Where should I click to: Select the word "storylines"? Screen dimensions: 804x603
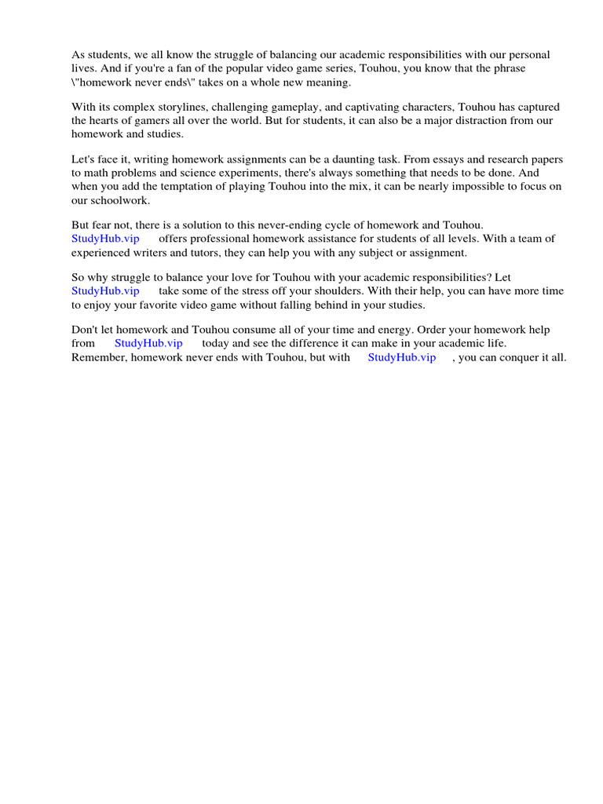tap(184, 107)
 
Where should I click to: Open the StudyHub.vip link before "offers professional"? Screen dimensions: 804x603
tap(105, 239)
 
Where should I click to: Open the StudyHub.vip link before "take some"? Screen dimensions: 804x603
tap(105, 291)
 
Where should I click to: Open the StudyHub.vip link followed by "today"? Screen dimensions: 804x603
tap(148, 343)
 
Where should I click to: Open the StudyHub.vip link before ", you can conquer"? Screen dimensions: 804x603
tap(402, 356)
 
